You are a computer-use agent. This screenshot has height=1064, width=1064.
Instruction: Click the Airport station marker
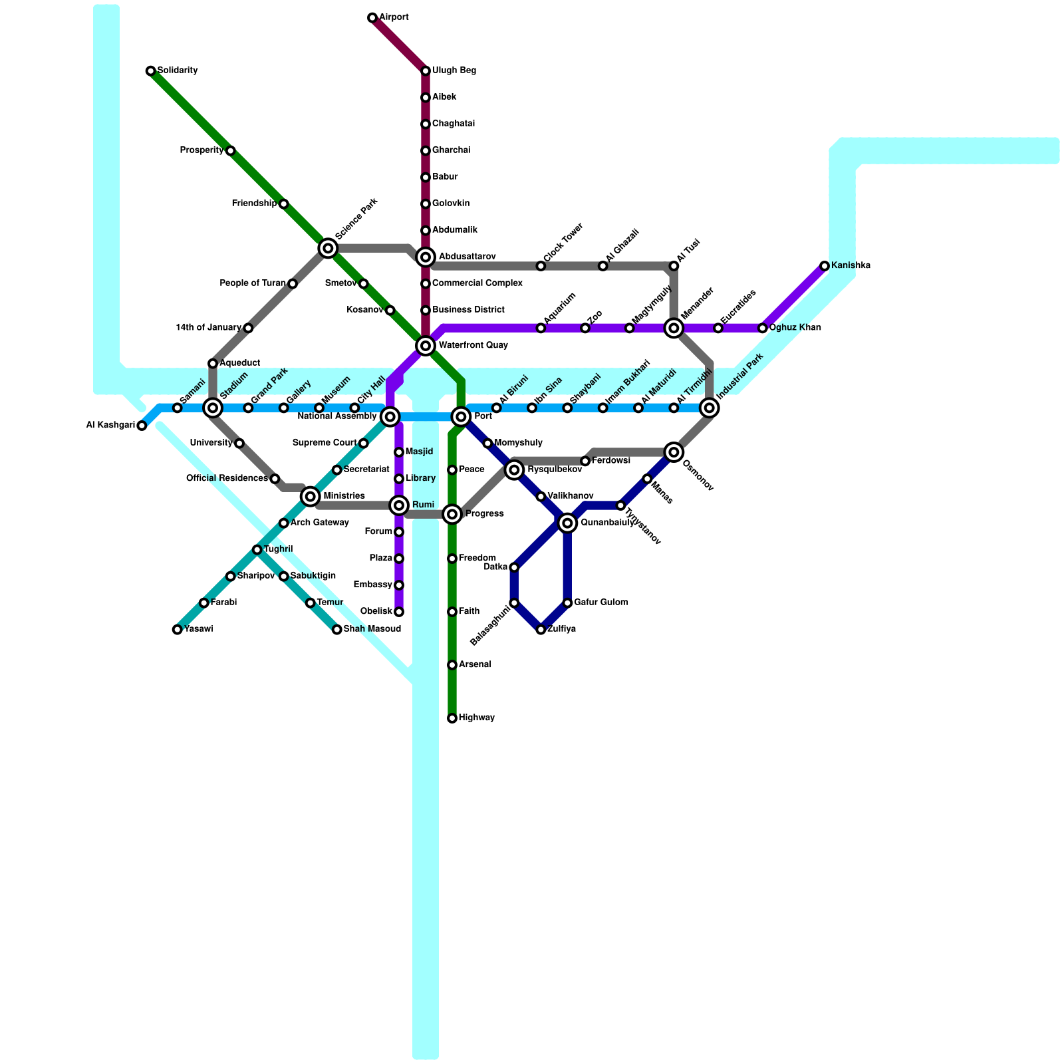pos(372,18)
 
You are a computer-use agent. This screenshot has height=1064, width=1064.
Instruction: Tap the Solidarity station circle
pos(151,71)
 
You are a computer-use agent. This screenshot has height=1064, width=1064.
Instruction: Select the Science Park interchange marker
pos(328,248)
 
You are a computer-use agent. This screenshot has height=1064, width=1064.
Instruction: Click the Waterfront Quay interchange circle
pos(426,346)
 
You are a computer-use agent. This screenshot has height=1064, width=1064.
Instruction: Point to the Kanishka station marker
pos(825,266)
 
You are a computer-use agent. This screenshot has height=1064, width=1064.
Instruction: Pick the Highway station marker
pos(452,718)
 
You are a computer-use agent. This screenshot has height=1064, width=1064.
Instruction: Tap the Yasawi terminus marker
pos(178,630)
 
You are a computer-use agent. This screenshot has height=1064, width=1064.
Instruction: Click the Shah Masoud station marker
pos(337,630)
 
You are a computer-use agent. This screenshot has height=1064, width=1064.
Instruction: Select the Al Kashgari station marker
pos(142,426)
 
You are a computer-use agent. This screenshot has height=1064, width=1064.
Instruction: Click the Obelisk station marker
pos(399,612)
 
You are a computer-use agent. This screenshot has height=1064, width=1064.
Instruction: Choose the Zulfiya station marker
pos(541,630)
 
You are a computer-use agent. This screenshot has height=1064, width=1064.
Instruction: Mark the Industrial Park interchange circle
pos(710,408)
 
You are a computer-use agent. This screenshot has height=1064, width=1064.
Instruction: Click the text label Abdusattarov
pos(467,257)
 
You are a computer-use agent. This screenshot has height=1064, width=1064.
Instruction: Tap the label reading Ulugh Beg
pos(454,70)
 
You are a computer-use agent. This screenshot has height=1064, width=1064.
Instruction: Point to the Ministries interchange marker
pos(311,496)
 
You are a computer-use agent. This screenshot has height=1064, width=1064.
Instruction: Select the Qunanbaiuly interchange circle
pos(567,523)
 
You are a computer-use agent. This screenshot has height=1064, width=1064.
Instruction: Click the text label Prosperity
pos(201,150)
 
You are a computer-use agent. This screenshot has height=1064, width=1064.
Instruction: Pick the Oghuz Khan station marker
pos(763,328)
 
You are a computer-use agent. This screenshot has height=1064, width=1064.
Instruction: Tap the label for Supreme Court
pos(325,443)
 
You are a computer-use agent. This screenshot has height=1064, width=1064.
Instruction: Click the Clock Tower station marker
pos(541,266)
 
